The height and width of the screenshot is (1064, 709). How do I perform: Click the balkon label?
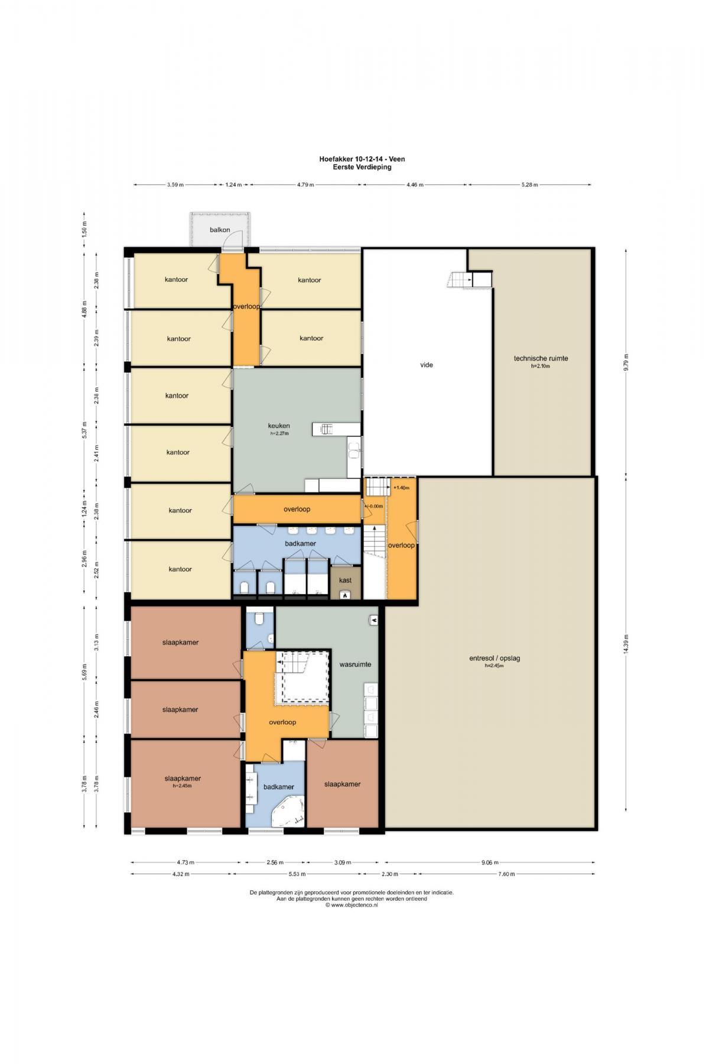pos(220,230)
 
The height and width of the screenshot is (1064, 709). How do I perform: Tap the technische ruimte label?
pos(541,358)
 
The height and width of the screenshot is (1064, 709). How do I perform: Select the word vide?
pos(427,365)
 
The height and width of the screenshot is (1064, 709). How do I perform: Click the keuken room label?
pos(279,426)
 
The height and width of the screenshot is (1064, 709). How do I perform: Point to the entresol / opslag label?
pos(495,658)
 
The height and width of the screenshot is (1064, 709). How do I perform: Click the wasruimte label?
pos(355,664)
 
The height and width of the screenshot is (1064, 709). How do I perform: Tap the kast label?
pos(345,580)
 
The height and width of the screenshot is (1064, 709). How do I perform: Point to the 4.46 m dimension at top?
pos(415,184)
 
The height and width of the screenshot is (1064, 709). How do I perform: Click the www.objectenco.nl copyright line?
pos(352,905)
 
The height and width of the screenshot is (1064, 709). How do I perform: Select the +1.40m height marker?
pos(401,488)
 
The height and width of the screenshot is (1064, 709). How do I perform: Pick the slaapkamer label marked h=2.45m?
pos(183,778)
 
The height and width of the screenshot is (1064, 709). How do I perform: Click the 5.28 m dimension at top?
pos(530,184)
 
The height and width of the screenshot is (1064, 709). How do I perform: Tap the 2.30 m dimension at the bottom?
pos(390,874)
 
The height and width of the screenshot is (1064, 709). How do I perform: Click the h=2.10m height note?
pos(541,366)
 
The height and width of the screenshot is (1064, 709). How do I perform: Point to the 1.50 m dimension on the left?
pos(84,228)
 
